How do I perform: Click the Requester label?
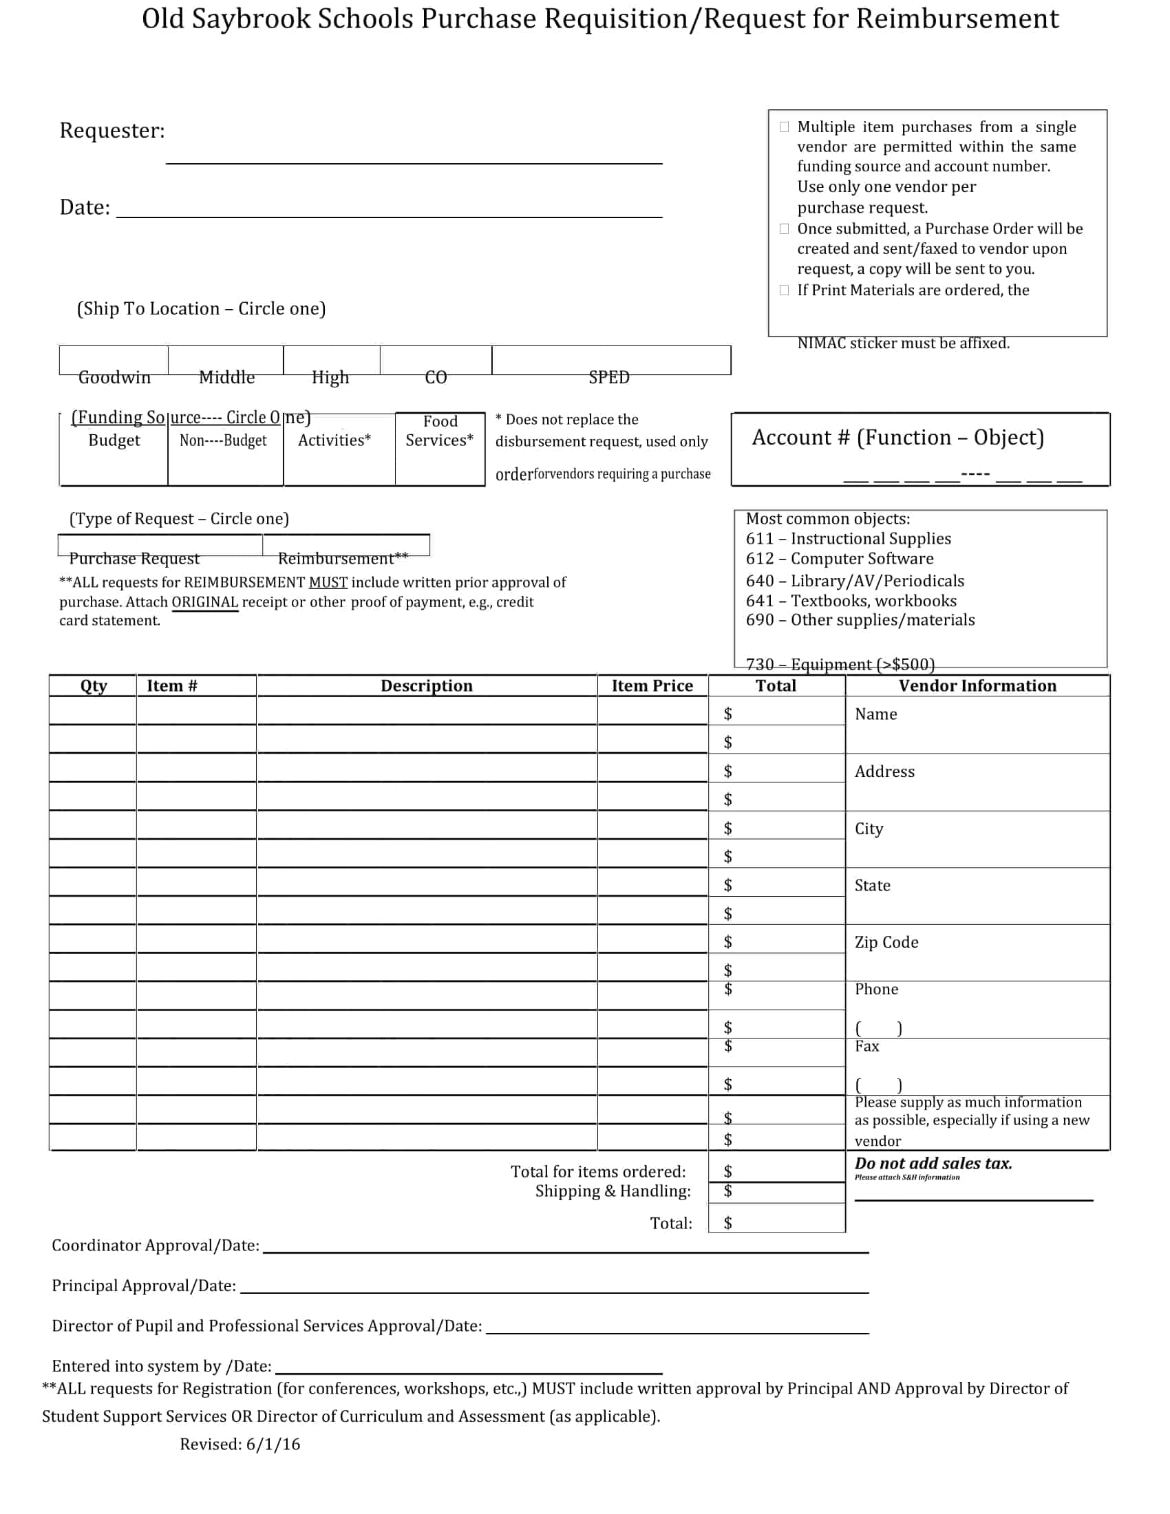coord(112,130)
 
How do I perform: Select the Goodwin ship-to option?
coord(114,376)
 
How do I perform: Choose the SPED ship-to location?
coord(609,376)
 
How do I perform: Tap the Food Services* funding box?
coord(440,431)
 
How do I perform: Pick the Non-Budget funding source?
coord(223,440)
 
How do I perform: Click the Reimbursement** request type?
coord(343,558)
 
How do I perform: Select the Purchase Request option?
coord(134,558)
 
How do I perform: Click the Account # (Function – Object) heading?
coord(897,438)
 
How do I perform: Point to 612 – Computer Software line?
coord(840,559)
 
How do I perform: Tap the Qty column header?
coord(94,685)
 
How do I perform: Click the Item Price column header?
coord(652,685)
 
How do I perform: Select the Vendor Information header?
coord(977,685)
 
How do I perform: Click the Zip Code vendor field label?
coord(886,942)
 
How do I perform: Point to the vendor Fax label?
coord(867,1046)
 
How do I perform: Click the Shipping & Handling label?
coord(613,1191)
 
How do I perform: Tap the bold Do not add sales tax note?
coord(933,1163)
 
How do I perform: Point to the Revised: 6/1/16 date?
coord(240,1444)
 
